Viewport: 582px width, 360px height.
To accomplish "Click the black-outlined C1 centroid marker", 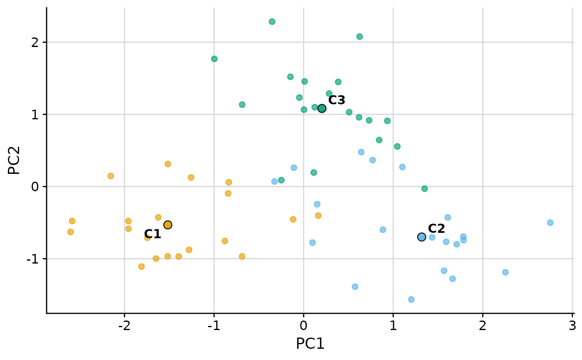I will [168, 225].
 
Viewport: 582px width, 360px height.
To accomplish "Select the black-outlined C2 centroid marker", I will [422, 237].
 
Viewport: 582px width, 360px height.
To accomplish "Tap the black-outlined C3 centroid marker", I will [322, 108].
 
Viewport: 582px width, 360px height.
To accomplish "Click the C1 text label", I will [153, 234].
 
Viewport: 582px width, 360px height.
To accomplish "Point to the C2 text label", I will [436, 229].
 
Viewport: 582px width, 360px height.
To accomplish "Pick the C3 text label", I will [337, 100].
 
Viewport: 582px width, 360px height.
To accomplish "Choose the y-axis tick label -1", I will [34, 259].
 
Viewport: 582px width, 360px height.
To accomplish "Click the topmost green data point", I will [272, 22].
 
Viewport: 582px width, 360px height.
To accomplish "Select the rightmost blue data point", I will [550, 222].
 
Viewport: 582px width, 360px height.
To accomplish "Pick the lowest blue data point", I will [411, 299].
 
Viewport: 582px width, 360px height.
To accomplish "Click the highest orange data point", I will [168, 164].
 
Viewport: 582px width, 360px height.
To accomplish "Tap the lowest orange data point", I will [141, 266].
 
